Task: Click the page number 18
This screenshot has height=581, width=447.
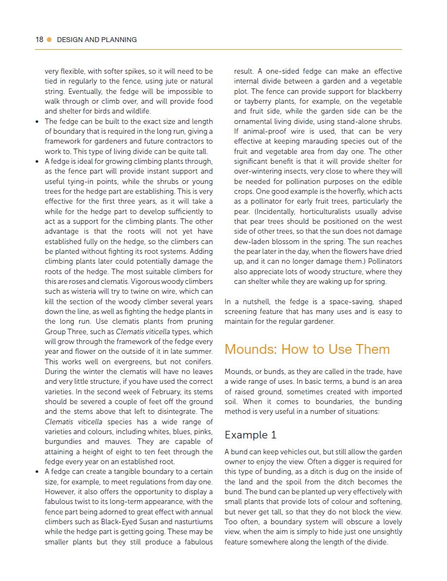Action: tap(39, 39)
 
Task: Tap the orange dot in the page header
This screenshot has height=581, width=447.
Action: tap(49, 39)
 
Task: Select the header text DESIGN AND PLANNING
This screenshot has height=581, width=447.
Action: tap(97, 39)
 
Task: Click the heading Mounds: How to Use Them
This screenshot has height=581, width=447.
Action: tap(307, 349)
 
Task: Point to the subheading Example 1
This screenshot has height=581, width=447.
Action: tap(250, 435)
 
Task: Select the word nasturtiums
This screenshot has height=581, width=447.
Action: tap(191, 522)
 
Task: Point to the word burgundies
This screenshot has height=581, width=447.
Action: tap(63, 442)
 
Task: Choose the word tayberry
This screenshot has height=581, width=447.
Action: tap(257, 102)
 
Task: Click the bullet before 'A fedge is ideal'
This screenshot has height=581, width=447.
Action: tap(37, 162)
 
